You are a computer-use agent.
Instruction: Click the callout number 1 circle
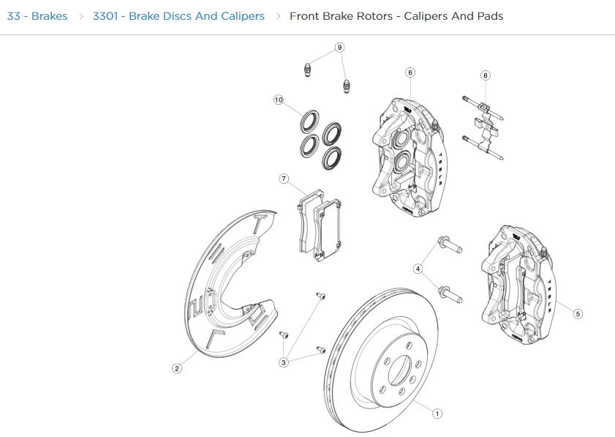[437, 414]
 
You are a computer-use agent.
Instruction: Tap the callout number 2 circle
[176, 368]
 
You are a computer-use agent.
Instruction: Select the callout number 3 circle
[284, 362]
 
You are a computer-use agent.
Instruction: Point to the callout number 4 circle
[418, 269]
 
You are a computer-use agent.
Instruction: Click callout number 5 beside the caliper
[578, 314]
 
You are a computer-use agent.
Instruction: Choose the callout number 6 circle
[410, 72]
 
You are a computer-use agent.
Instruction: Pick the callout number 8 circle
[486, 75]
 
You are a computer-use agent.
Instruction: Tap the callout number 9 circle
[339, 48]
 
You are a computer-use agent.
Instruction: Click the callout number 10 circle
[279, 100]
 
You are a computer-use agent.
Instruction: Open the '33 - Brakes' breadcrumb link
[37, 15]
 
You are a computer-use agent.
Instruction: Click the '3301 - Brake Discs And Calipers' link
[178, 15]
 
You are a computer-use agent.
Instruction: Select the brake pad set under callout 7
[320, 223]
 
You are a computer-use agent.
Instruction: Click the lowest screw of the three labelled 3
[320, 350]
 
